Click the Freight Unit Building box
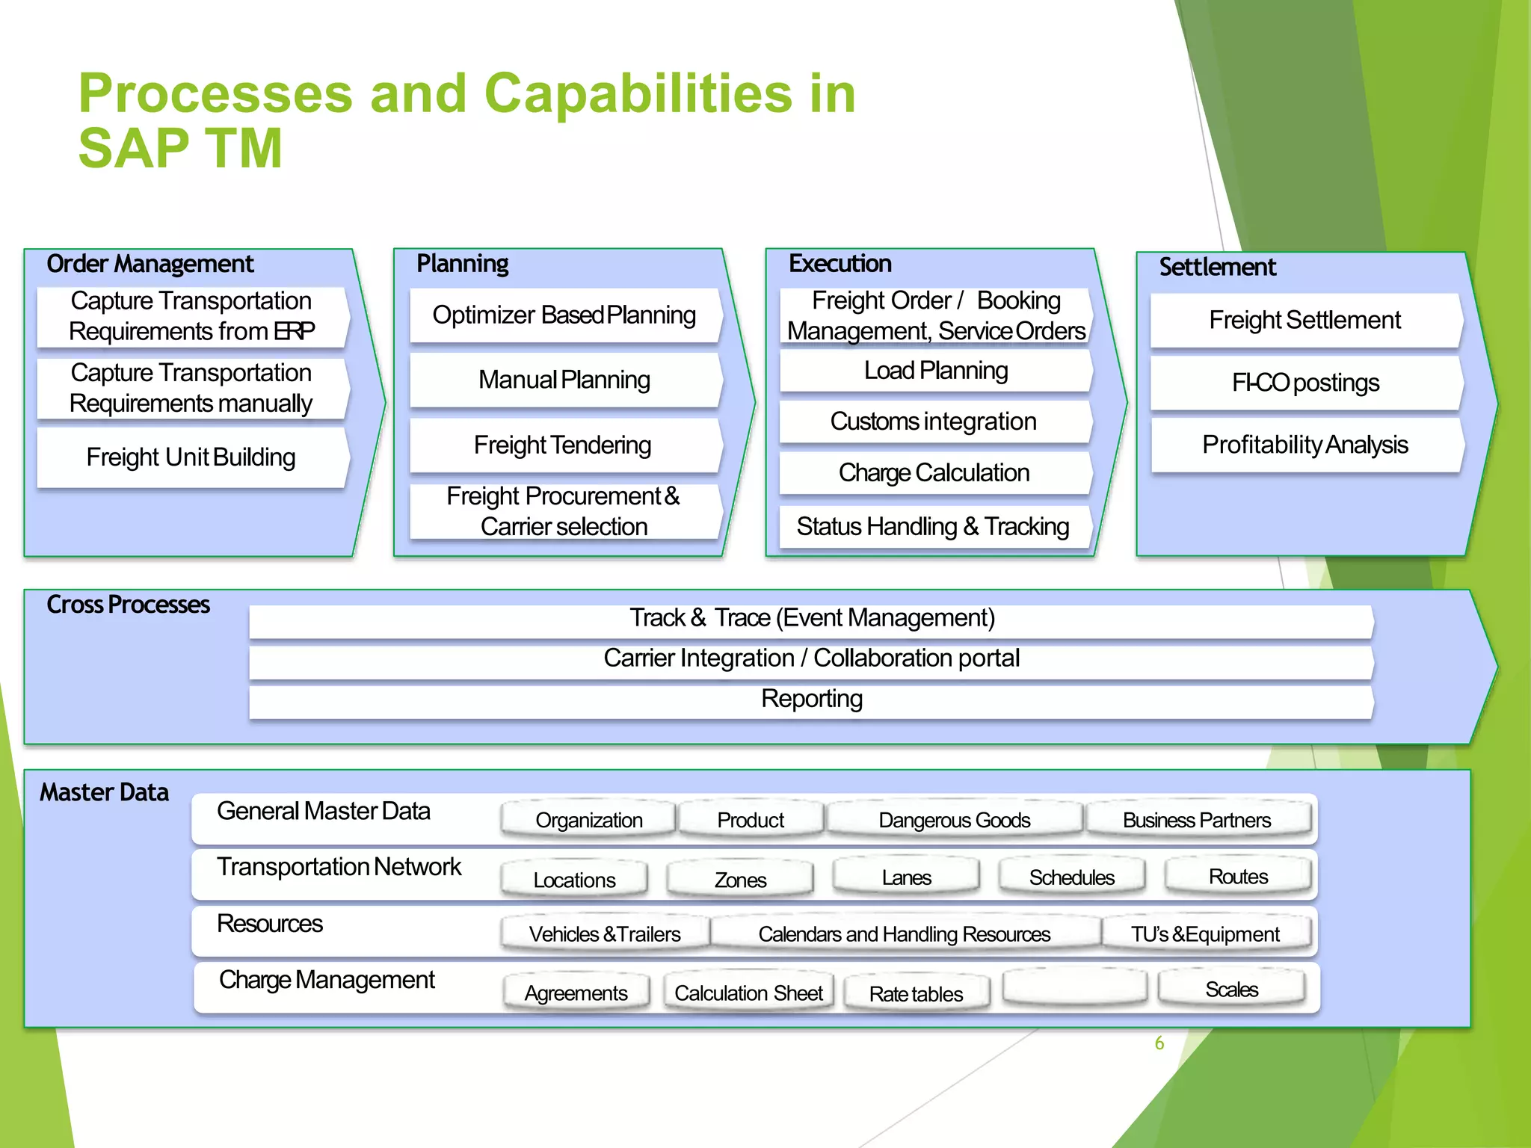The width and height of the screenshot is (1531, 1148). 191,457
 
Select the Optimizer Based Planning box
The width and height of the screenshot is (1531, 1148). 564,315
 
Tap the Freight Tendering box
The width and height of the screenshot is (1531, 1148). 563,445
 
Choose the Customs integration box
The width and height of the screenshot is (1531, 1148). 933,422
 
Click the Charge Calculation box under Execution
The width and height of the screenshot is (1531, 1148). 934,473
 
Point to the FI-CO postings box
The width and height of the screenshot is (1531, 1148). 1305,383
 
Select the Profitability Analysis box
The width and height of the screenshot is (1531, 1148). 1305,445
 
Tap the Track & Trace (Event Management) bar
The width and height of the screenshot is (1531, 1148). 811,619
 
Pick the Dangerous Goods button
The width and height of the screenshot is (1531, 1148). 954,820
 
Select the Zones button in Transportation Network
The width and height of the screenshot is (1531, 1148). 740,880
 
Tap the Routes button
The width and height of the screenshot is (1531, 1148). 1238,877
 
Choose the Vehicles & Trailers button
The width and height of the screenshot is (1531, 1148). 604,934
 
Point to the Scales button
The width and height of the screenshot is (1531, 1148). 1231,990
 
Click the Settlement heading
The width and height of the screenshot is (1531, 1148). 1217,267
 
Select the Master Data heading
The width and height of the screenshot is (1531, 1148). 104,792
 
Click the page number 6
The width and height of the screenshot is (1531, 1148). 1159,1043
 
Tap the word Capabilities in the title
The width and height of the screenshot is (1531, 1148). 638,94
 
